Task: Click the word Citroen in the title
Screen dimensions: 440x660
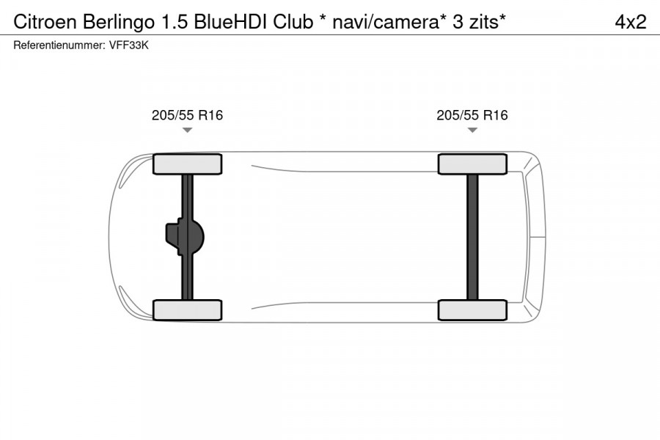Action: pyautogui.click(x=40, y=22)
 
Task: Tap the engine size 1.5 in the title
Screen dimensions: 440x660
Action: pyautogui.click(x=164, y=22)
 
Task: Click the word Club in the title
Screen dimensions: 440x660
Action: pyautogui.click(x=292, y=22)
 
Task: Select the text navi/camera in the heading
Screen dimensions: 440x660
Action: pyautogui.click(x=381, y=22)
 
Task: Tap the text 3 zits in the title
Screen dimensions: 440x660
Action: pyautogui.click(x=473, y=22)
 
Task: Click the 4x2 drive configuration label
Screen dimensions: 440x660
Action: pyautogui.click(x=630, y=22)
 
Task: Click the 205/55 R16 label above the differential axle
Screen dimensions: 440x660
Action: pyautogui.click(x=187, y=115)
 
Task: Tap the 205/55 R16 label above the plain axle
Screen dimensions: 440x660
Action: pyautogui.click(x=472, y=115)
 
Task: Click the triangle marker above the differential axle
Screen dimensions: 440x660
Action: pyautogui.click(x=187, y=130)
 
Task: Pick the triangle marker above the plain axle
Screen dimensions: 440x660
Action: pyautogui.click(x=472, y=130)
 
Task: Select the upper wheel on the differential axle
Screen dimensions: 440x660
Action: pyautogui.click(x=187, y=164)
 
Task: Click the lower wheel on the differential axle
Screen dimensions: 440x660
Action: pyautogui.click(x=187, y=309)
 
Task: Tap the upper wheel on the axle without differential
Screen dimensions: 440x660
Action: pyautogui.click(x=472, y=164)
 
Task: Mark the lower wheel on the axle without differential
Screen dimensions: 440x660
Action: pyautogui.click(x=472, y=309)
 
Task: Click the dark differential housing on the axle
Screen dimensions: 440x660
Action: pyautogui.click(x=183, y=237)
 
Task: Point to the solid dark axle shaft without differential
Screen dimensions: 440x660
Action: pyautogui.click(x=472, y=237)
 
